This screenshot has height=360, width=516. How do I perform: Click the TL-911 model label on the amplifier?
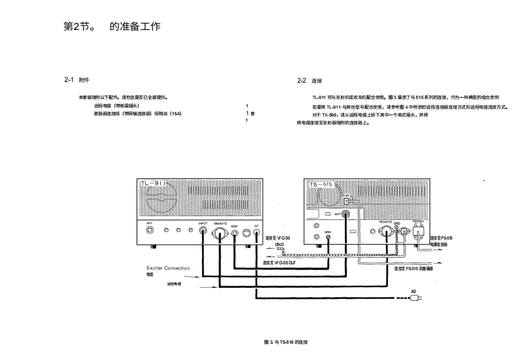pos(154,185)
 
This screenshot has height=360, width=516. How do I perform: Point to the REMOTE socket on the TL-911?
pos(220,230)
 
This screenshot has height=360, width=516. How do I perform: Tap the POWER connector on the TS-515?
pos(418,229)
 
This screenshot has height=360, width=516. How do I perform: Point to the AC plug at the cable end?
pos(414,299)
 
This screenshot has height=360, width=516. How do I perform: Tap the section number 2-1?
pos(68,80)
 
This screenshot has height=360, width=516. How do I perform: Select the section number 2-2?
pos(301,81)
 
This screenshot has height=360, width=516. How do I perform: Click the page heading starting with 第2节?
pos(111,27)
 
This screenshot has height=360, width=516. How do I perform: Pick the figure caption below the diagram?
pos(285,342)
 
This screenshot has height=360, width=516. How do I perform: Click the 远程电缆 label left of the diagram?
pos(174,284)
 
